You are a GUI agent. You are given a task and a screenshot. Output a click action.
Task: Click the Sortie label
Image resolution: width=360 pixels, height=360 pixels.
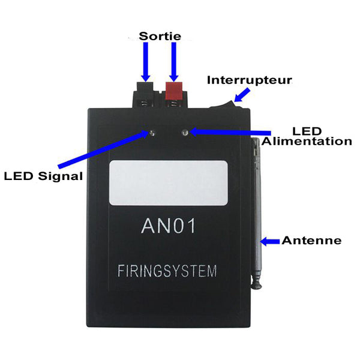[160, 36]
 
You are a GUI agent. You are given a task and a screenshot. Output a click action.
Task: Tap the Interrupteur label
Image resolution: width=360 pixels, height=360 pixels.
[250, 80]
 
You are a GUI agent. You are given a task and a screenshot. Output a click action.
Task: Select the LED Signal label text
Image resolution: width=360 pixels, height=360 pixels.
[43, 176]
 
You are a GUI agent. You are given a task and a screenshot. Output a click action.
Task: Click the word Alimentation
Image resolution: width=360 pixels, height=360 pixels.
[307, 141]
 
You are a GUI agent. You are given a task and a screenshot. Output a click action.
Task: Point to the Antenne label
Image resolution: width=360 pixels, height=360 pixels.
[311, 241]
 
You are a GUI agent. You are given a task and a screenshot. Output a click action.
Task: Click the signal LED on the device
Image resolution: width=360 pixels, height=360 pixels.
[152, 133]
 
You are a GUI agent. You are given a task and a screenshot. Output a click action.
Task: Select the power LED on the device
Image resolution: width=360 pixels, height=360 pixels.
[185, 133]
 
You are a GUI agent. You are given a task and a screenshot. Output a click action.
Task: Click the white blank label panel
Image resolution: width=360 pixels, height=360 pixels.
[169, 183]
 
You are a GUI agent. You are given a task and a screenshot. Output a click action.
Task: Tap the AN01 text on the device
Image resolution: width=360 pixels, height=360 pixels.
[168, 226]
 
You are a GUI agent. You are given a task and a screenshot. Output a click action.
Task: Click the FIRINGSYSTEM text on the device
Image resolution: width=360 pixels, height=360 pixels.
[167, 271]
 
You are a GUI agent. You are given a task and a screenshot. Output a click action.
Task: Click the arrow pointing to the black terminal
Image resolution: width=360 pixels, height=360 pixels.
[146, 62]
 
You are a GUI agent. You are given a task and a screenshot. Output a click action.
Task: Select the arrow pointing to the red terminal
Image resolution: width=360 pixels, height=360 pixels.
[174, 62]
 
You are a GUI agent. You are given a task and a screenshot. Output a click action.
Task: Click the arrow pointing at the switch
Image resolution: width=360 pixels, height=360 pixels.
[242, 95]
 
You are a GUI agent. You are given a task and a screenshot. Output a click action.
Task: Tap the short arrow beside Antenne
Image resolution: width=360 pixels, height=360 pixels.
[270, 242]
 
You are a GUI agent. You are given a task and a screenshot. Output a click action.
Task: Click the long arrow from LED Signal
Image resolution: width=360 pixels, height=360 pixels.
[103, 149]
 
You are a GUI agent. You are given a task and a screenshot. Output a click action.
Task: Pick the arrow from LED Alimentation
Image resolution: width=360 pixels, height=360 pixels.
[230, 132]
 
